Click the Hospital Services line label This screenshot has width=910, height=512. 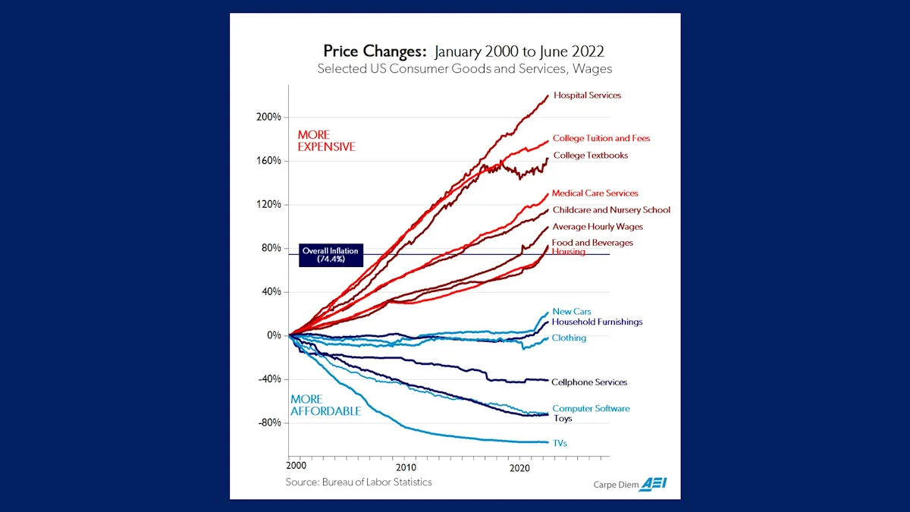(587, 96)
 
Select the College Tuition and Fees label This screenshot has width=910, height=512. (601, 139)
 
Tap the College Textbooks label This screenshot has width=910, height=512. (590, 155)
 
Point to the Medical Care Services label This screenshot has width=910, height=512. (595, 193)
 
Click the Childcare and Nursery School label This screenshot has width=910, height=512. (611, 210)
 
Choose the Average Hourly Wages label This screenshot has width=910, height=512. (598, 227)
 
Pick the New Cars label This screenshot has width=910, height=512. (571, 312)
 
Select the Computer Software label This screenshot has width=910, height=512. (591, 409)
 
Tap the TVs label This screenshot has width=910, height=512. (560, 443)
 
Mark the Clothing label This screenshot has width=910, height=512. (569, 338)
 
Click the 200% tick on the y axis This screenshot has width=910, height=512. (268, 118)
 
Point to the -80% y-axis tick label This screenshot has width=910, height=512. (268, 422)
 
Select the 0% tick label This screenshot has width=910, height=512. (273, 335)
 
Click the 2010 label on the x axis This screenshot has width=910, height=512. (406, 468)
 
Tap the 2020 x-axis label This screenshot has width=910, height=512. (519, 468)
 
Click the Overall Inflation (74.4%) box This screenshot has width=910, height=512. (330, 255)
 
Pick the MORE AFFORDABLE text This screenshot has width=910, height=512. (325, 405)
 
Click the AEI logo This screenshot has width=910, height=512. (653, 484)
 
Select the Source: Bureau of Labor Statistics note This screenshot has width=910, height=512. (359, 482)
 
